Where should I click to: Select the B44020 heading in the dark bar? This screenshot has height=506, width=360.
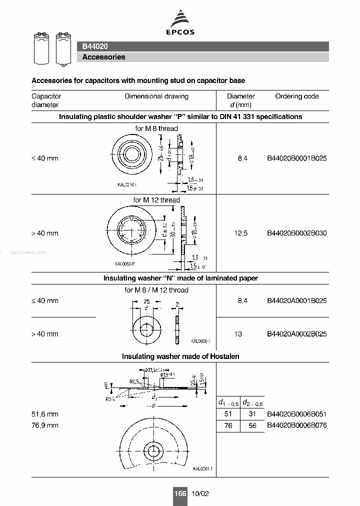pyautogui.click(x=95, y=46)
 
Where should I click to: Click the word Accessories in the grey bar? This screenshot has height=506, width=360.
pyautogui.click(x=103, y=57)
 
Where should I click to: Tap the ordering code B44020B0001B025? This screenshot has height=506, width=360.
pyautogui.click(x=297, y=158)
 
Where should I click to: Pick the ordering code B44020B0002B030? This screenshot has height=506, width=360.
pyautogui.click(x=297, y=233)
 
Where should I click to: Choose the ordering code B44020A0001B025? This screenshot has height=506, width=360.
pyautogui.click(x=297, y=300)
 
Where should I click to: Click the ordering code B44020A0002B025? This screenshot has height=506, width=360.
pyautogui.click(x=297, y=334)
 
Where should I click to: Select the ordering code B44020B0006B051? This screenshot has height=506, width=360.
pyautogui.click(x=297, y=414)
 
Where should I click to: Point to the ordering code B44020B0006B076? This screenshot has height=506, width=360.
pyautogui.click(x=297, y=425)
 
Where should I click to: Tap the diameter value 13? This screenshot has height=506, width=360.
pyautogui.click(x=238, y=334)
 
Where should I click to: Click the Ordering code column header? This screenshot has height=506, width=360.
pyautogui.click(x=296, y=96)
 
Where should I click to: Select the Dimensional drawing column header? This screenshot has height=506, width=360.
pyautogui.click(x=156, y=96)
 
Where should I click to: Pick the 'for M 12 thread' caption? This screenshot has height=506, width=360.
pyautogui.click(x=156, y=200)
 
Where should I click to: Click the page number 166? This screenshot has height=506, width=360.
pyautogui.click(x=180, y=493)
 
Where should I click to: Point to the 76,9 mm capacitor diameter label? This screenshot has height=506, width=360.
pyautogui.click(x=45, y=425)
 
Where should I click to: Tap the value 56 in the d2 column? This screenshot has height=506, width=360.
pyautogui.click(x=252, y=425)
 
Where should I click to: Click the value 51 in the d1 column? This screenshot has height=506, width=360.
pyautogui.click(x=228, y=414)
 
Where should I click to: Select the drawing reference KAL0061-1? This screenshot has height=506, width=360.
pyautogui.click(x=203, y=468)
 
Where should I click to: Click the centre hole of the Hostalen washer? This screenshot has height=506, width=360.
pyautogui.click(x=152, y=449)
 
